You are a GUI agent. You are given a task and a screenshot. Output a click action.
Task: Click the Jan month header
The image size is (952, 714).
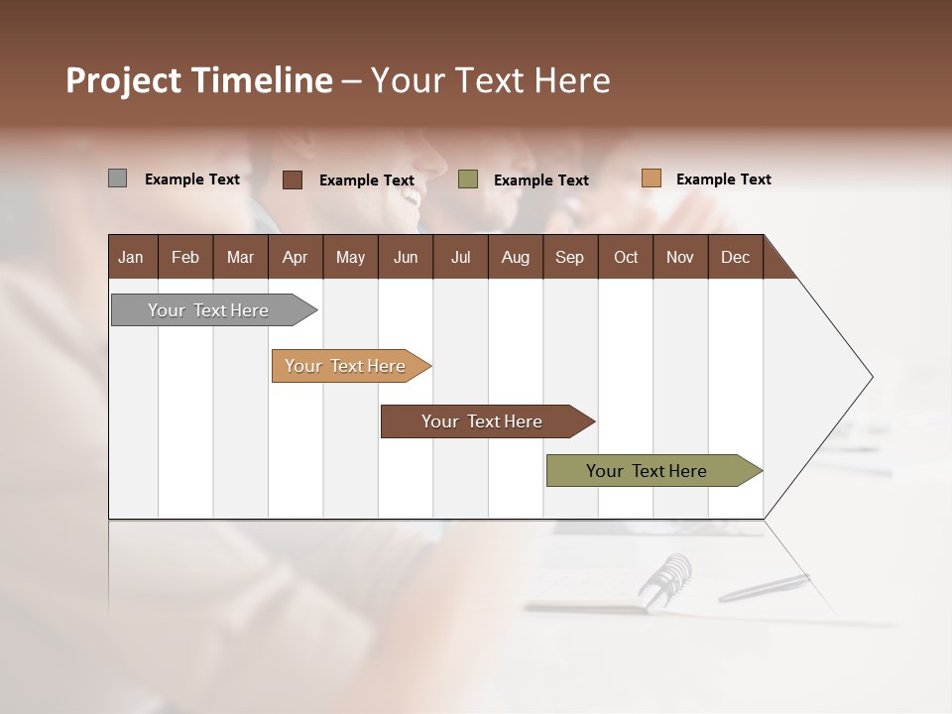[x=131, y=257]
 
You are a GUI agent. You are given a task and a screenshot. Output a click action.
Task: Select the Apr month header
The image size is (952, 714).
[x=295, y=257]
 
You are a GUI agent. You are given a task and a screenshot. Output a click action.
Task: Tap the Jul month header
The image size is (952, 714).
[x=460, y=257]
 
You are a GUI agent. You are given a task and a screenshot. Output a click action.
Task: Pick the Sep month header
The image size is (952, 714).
[x=569, y=257]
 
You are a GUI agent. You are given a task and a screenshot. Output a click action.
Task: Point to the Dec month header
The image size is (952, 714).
[x=735, y=257]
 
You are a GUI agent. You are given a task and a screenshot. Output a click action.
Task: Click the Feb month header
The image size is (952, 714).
[x=185, y=257]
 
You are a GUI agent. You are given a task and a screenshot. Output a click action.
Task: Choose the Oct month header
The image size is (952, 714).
[x=626, y=257]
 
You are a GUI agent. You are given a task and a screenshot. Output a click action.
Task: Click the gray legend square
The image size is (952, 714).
[x=117, y=178]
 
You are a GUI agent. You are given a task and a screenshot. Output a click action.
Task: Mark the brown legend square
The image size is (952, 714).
[x=293, y=179]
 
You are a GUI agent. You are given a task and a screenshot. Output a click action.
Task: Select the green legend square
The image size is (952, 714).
[x=468, y=179]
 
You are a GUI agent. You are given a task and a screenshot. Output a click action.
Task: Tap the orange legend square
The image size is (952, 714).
[x=652, y=178]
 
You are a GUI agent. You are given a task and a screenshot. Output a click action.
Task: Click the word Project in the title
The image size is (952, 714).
[x=122, y=80]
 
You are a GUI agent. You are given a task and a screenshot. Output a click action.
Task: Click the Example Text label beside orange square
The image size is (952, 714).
[x=723, y=179]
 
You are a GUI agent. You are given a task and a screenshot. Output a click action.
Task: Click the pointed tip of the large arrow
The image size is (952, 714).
[x=870, y=377]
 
